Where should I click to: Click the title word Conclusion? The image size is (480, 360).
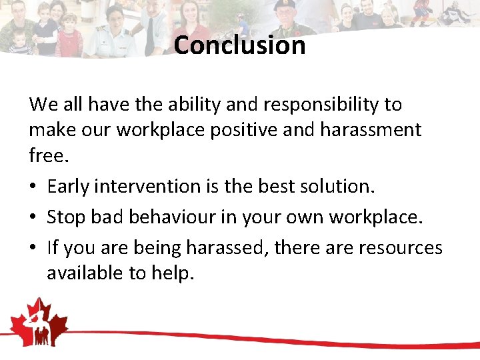pos(240,45)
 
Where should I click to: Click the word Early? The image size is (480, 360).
pos(69,187)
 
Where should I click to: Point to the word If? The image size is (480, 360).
pos(53,247)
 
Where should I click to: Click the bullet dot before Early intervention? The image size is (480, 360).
pos(33,187)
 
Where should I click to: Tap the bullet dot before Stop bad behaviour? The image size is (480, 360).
pos(33,218)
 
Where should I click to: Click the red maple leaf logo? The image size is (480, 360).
pos(39,323)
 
